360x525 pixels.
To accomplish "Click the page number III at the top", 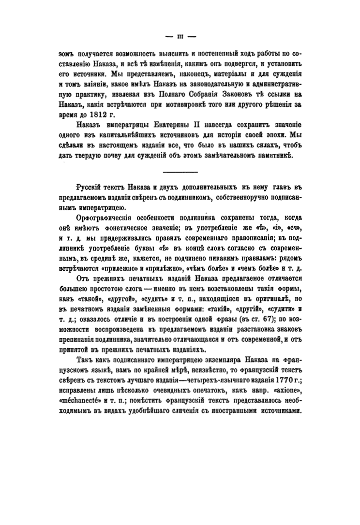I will (x=180, y=36).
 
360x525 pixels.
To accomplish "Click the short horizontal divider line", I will (x=180, y=173).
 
